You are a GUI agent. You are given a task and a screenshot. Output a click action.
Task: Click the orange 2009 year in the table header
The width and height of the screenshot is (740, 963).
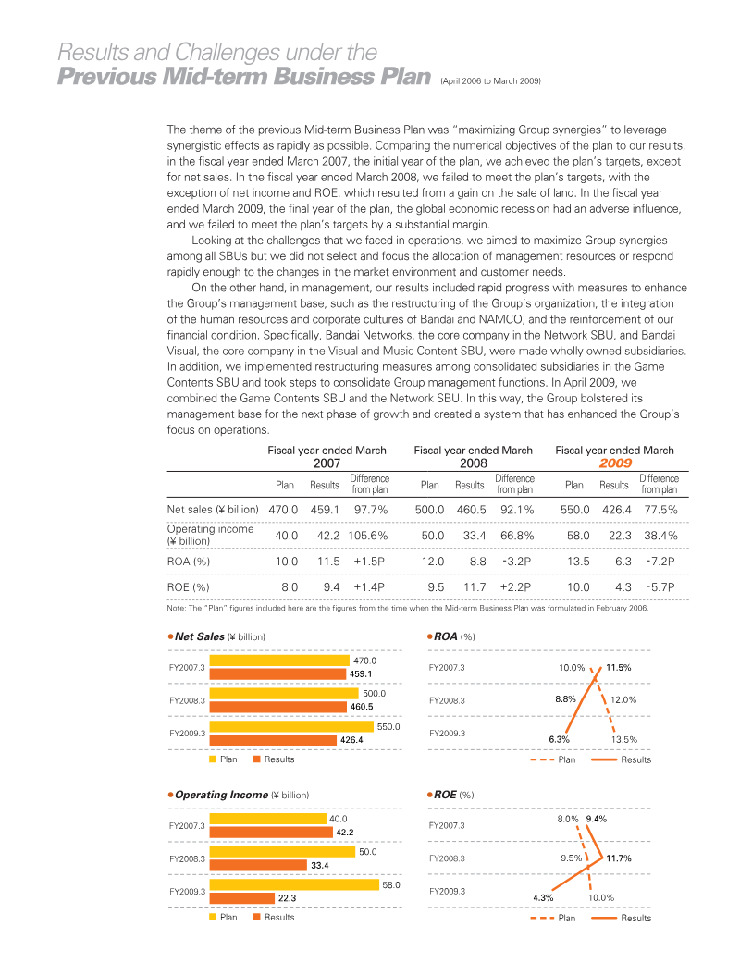[614, 463]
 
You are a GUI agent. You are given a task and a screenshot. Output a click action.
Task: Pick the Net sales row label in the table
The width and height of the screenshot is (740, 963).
[212, 509]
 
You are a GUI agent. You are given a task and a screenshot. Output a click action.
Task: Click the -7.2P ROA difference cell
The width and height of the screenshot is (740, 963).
[660, 561]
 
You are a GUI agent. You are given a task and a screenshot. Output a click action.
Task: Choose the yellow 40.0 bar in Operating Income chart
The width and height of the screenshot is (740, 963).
[268, 819]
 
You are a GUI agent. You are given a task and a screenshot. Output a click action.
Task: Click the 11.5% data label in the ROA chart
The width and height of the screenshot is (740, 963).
[619, 667]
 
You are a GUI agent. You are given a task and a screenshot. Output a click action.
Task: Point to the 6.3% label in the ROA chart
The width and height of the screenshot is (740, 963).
[559, 739]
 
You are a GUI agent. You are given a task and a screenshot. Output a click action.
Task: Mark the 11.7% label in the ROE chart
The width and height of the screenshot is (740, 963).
[619, 858]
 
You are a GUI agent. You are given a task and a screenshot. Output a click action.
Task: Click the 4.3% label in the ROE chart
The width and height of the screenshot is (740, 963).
[543, 897]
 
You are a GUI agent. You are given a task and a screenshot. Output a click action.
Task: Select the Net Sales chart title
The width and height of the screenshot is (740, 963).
[200, 636]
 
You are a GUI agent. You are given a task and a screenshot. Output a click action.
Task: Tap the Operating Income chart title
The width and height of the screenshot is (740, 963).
[221, 795]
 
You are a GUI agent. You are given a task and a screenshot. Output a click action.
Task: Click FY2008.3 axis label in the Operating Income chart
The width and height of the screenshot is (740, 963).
[187, 858]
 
